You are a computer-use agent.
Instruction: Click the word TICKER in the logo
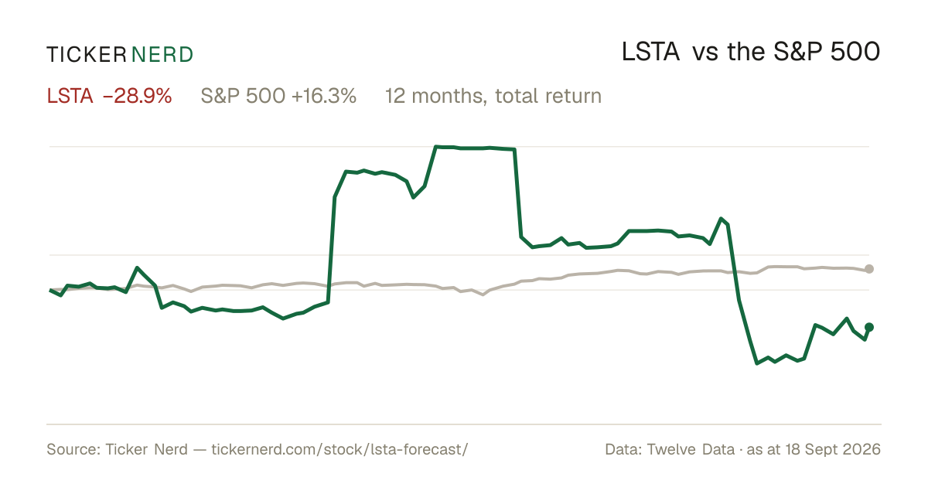[86, 55]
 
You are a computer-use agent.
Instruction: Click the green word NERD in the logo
[162, 55]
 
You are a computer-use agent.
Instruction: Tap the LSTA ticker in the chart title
[650, 53]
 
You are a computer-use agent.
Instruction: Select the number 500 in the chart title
[855, 53]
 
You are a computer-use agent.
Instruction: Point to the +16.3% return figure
[324, 96]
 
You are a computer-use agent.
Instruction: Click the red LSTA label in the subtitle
[70, 96]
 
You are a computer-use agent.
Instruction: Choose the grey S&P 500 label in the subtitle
[243, 96]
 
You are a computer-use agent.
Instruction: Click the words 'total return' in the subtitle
[548, 96]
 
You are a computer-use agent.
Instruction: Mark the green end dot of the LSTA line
[869, 327]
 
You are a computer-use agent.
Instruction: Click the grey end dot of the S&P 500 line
[869, 269]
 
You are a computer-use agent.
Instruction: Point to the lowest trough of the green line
[757, 363]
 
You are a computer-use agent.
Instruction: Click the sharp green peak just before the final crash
[722, 218]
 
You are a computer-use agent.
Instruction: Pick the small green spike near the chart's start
[138, 267]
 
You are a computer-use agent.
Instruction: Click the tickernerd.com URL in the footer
[339, 449]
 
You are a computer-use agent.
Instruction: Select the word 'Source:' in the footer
[73, 449]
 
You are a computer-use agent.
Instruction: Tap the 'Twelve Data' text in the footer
[691, 449]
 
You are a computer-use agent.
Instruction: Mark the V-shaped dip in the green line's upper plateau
[414, 198]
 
